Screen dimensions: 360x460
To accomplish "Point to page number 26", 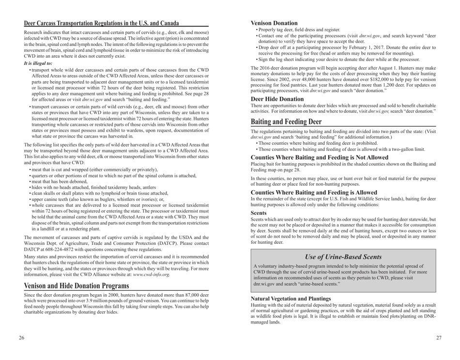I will [x=22, y=338].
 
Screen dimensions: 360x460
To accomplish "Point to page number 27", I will [x=438, y=338].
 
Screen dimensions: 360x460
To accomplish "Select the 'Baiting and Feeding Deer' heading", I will [x=295, y=120].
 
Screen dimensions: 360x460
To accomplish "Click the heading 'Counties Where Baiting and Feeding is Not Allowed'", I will [x=320, y=157].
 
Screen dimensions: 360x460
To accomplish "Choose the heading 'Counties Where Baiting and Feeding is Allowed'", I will [x=313, y=192].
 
